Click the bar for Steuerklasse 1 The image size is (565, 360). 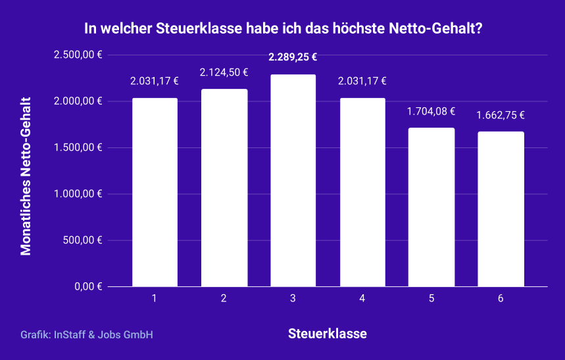[x=155, y=192]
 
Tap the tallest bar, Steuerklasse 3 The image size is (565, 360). [x=293, y=180]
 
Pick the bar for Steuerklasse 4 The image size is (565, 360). [x=362, y=192]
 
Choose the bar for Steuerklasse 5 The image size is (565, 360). [x=431, y=207]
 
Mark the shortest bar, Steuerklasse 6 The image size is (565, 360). [x=501, y=209]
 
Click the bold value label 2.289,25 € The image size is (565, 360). [x=293, y=57]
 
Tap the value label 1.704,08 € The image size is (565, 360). [x=431, y=111]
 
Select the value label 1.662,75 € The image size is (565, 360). [x=501, y=115]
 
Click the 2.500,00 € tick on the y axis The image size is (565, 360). [x=78, y=55]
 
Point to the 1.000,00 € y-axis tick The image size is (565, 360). [x=78, y=194]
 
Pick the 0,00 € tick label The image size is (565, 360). [x=87, y=286]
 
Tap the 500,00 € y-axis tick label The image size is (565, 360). [x=82, y=240]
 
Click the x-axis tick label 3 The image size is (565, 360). [x=293, y=299]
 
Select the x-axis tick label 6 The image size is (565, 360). [x=501, y=299]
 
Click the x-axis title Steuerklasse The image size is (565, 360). [x=328, y=334]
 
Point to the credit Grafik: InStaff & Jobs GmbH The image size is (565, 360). [x=87, y=335]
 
